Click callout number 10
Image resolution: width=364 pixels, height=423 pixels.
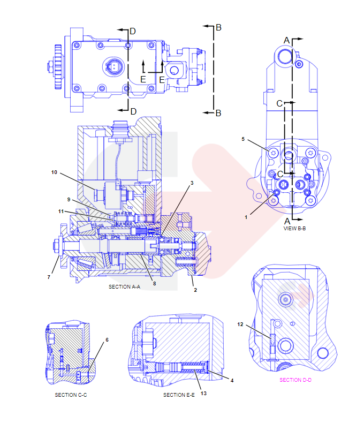54,172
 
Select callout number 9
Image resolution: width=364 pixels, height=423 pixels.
69,200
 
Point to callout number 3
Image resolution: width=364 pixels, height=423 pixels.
191,183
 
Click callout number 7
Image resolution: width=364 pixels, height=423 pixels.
49,277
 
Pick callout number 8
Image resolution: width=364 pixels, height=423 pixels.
154,283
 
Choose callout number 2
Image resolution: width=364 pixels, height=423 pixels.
195,290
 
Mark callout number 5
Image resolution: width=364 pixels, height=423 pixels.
243,139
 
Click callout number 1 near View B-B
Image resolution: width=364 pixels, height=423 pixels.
246,217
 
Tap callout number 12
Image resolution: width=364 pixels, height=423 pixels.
240,324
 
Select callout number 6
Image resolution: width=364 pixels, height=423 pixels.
107,339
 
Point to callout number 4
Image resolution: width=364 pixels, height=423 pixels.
232,380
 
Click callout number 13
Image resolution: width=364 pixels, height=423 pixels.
203,394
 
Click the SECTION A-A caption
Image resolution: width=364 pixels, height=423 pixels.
124,287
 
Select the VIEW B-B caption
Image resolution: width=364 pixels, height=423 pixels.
294,228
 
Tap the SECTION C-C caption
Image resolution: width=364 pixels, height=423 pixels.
71,395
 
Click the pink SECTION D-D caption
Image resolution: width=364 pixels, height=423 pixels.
295,380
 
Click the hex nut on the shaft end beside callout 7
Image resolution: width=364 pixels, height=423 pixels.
56,247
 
